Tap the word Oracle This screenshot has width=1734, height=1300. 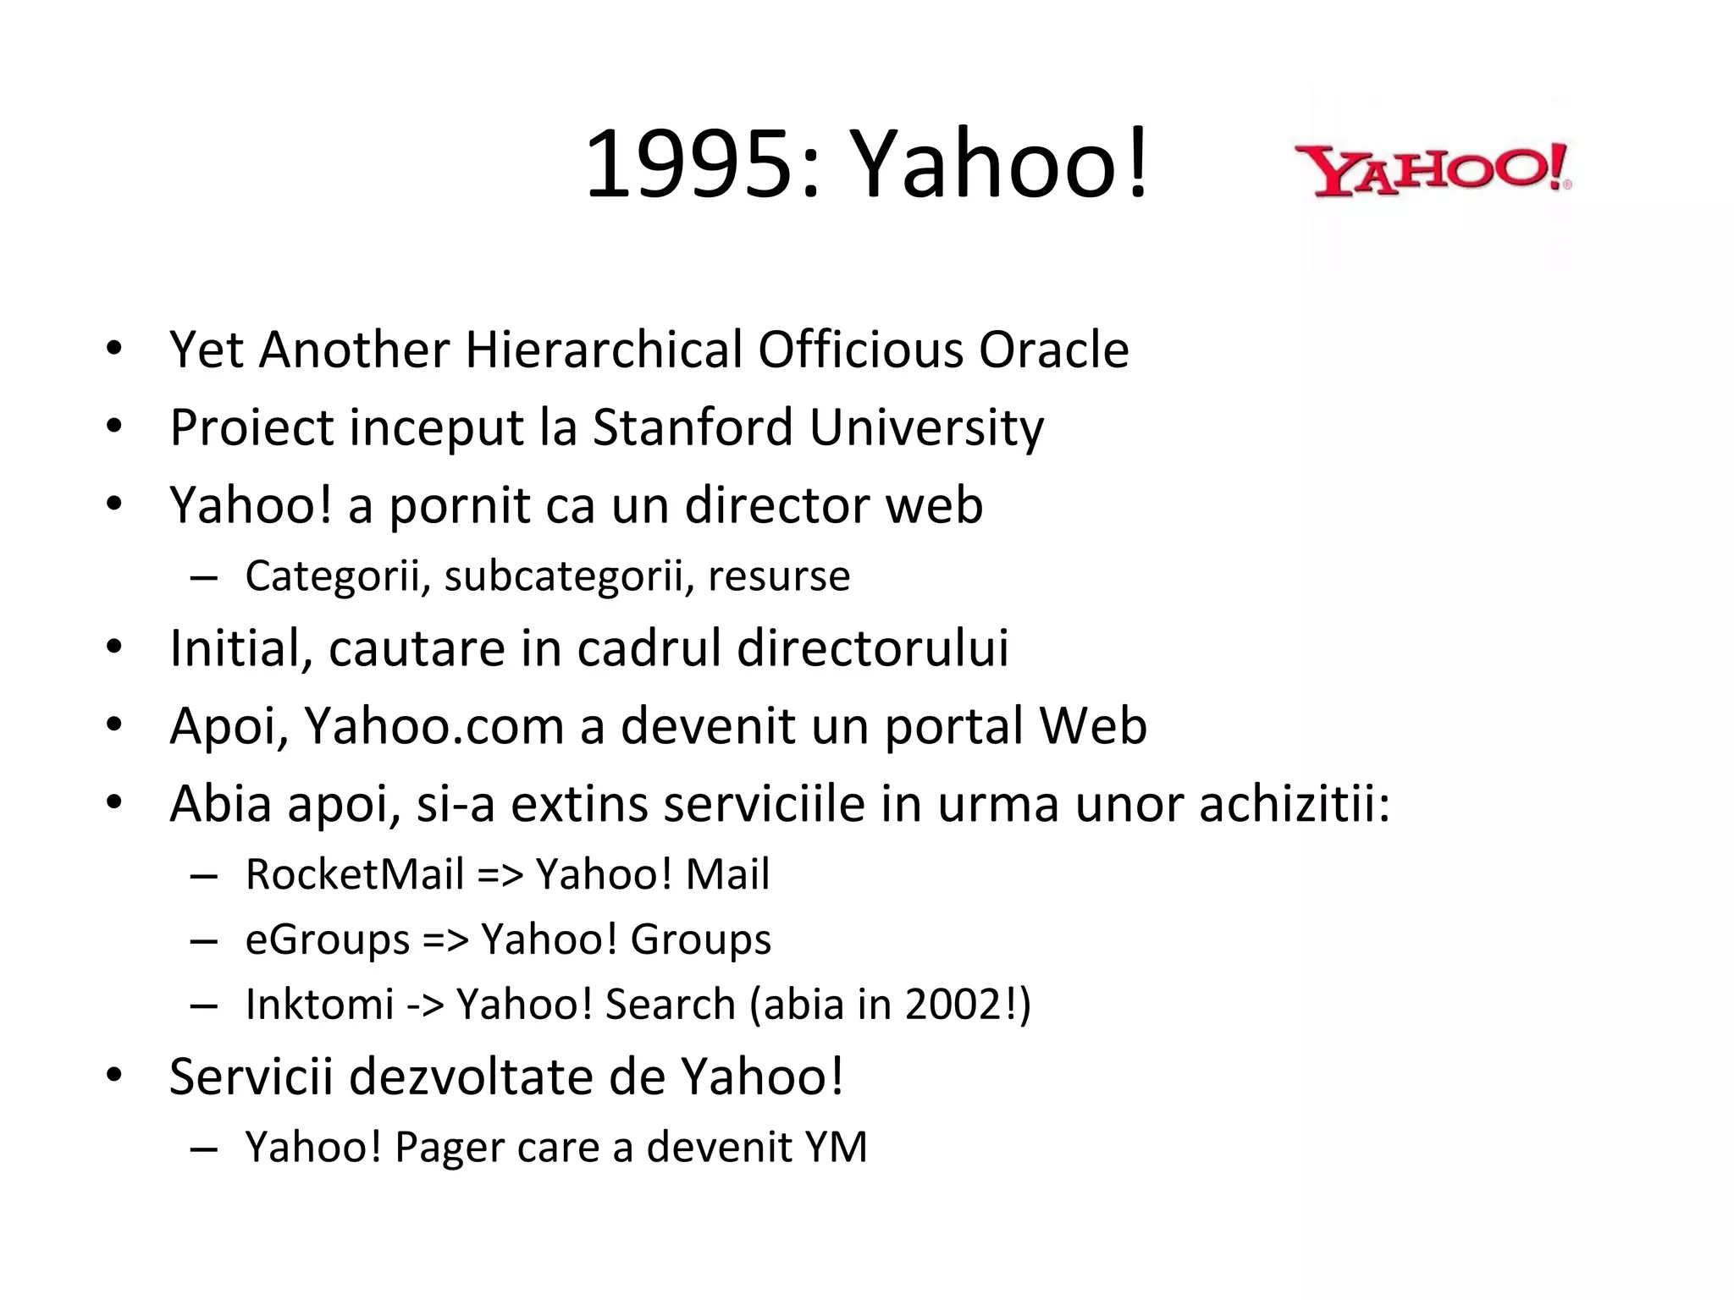(1053, 350)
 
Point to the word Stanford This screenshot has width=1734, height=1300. (693, 427)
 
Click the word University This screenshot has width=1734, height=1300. (926, 429)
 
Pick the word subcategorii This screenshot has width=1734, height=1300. (563, 577)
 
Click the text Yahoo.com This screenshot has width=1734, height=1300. (433, 726)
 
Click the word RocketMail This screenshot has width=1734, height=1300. (355, 874)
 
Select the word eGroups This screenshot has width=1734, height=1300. (328, 940)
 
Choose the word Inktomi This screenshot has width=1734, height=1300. (319, 1005)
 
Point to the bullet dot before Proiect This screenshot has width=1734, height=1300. (114, 427)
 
